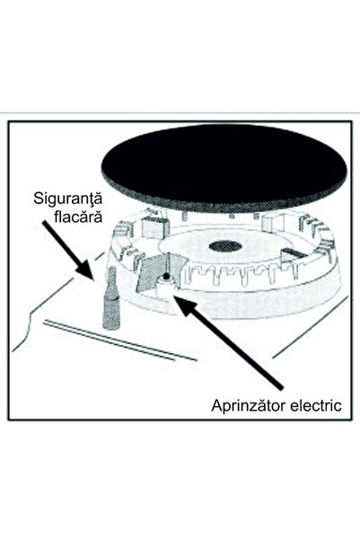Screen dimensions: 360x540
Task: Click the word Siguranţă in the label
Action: tap(68, 199)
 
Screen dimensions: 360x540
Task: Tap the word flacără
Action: tap(78, 217)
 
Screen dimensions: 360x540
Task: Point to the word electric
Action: tap(316, 405)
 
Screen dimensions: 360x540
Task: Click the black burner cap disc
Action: tap(224, 170)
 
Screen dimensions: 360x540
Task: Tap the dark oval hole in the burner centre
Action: tap(225, 246)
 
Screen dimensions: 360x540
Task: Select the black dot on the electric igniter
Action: tap(166, 276)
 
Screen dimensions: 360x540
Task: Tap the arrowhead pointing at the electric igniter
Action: tap(187, 305)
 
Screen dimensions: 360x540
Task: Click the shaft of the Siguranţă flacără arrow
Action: tap(61, 241)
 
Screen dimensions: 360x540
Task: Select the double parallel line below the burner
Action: tap(120, 341)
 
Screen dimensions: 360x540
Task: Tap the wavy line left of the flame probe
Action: tap(53, 310)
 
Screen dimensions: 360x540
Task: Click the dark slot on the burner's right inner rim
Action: tap(294, 252)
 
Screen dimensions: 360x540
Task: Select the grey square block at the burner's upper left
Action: tap(155, 227)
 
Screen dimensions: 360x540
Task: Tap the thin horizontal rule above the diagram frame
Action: tap(180, 113)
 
